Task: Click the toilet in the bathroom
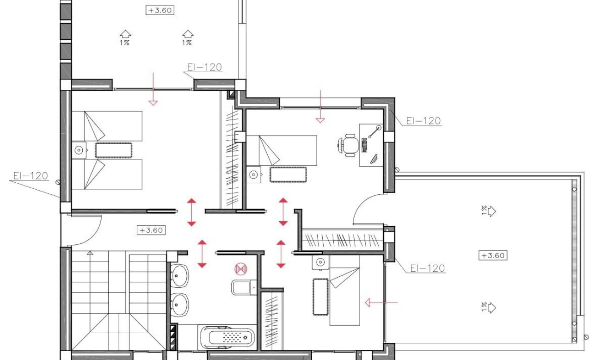click(x=242, y=287)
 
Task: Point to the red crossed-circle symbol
click(x=240, y=268)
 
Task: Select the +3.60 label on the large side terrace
click(x=493, y=255)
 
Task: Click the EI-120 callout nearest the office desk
click(x=423, y=121)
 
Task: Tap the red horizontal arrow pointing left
click(x=381, y=303)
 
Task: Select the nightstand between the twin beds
click(x=80, y=150)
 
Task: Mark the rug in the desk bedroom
click(x=288, y=175)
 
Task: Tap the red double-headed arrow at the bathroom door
click(x=202, y=254)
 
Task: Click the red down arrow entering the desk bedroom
click(x=320, y=106)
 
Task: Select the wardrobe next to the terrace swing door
click(x=342, y=240)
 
